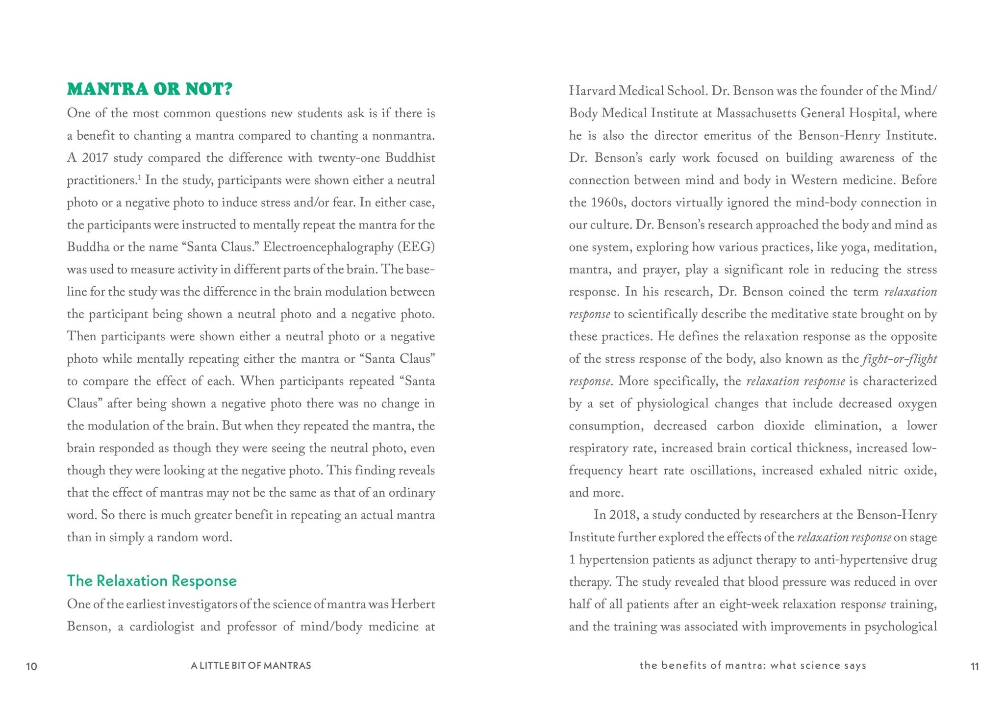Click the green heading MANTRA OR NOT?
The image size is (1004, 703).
[x=150, y=89]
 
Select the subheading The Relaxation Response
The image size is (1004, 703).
[x=151, y=580]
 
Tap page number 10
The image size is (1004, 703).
[x=31, y=666]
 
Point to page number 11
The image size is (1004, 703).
[x=975, y=666]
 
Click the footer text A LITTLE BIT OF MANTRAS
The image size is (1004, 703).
[x=251, y=666]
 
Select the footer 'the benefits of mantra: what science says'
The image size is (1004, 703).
[x=753, y=666]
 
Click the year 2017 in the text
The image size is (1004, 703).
[x=95, y=158]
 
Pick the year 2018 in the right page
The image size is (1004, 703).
[x=622, y=515]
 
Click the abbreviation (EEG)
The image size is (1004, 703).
[x=417, y=247]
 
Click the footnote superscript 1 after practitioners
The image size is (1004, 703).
[x=139, y=177]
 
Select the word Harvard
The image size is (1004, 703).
[x=592, y=91]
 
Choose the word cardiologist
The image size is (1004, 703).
[x=162, y=627]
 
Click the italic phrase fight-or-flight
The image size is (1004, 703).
[x=899, y=359]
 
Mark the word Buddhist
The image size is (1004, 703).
[x=410, y=158]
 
